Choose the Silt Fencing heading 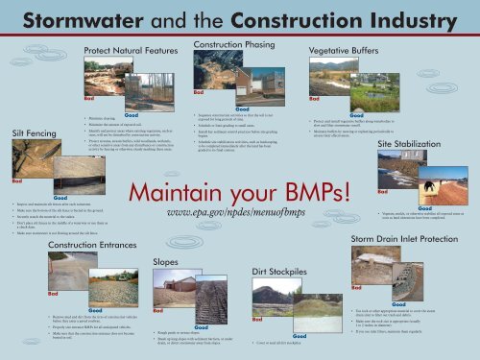click(x=35, y=132)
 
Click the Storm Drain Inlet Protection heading click(x=409, y=237)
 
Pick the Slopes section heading click(x=168, y=261)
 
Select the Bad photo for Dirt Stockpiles click(x=272, y=295)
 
